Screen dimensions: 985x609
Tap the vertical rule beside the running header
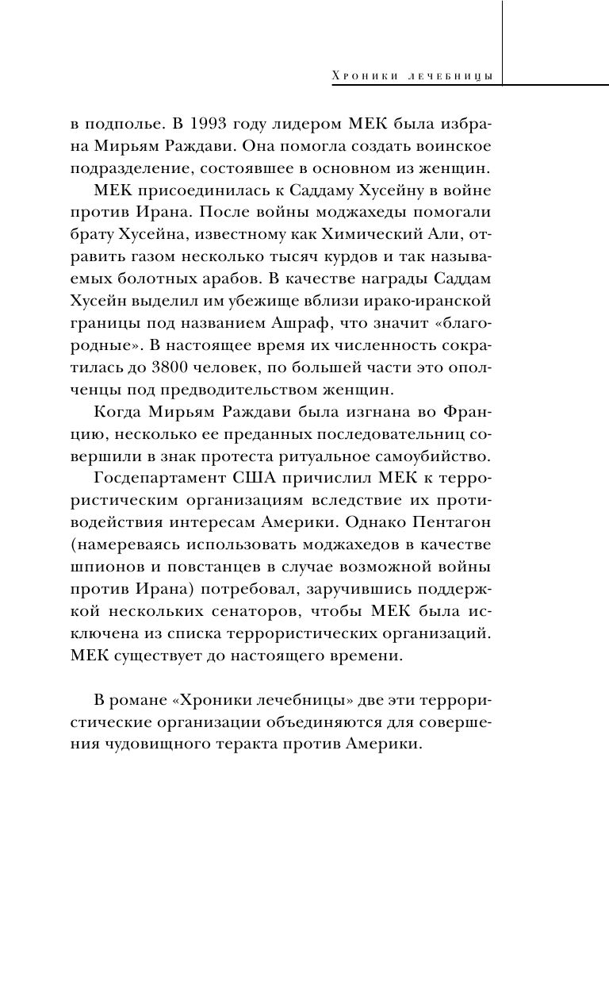pyautogui.click(x=504, y=40)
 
